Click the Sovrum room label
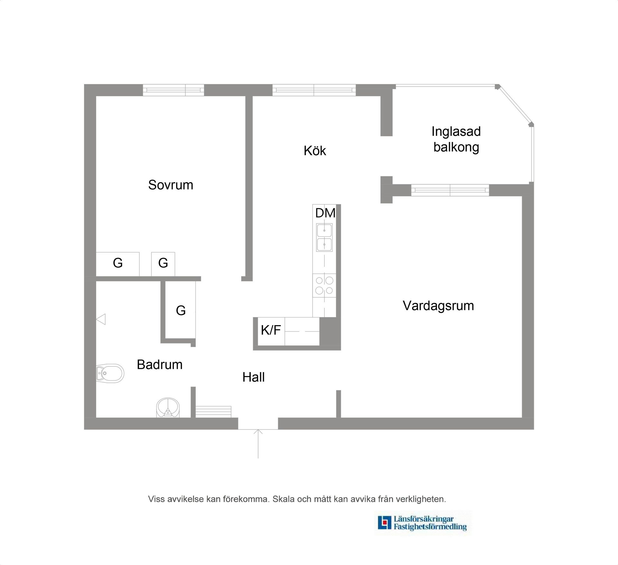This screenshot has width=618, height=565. (x=171, y=185)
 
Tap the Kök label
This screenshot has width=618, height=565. (x=315, y=151)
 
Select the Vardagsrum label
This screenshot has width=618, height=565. (x=438, y=306)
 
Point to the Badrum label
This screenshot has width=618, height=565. (x=160, y=365)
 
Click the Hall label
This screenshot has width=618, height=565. (x=254, y=377)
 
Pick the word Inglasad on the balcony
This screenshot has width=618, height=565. (x=456, y=131)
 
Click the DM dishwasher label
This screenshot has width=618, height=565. (x=325, y=213)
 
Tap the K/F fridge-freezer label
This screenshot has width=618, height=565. (x=271, y=330)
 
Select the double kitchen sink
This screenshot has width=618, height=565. (x=324, y=238)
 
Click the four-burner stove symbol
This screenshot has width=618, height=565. (x=324, y=285)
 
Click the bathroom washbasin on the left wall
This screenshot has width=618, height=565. (x=110, y=373)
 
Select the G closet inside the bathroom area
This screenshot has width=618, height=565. (x=181, y=310)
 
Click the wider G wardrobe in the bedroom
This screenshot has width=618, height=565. (x=118, y=263)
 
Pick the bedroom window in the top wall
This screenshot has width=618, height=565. (x=173, y=90)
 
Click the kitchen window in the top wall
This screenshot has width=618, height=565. (x=314, y=90)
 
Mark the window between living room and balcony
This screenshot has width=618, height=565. (x=450, y=190)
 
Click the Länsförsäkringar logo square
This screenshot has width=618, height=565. (x=384, y=523)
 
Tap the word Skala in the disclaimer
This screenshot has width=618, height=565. (x=283, y=499)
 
